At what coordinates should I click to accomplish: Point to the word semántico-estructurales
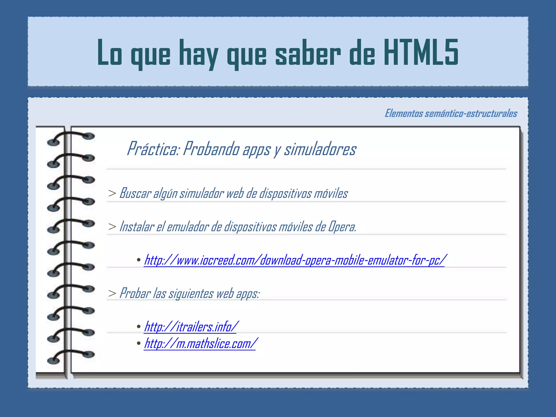[x=471, y=113]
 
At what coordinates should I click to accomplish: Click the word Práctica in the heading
[x=153, y=149]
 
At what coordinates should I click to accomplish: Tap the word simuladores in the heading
[x=320, y=149]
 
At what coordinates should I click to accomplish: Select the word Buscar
[x=135, y=193]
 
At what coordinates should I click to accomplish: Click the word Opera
[x=342, y=227]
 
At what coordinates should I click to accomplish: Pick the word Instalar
[x=137, y=226]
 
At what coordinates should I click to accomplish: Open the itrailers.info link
[x=191, y=326]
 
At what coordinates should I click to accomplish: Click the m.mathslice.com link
[x=200, y=343]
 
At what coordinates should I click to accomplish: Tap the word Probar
[x=135, y=293]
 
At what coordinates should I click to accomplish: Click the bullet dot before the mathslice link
[x=139, y=343]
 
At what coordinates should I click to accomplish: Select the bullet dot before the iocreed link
[x=139, y=260]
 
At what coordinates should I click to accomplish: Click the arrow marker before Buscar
[x=112, y=193]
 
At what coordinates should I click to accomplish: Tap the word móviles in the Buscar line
[x=331, y=193]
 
